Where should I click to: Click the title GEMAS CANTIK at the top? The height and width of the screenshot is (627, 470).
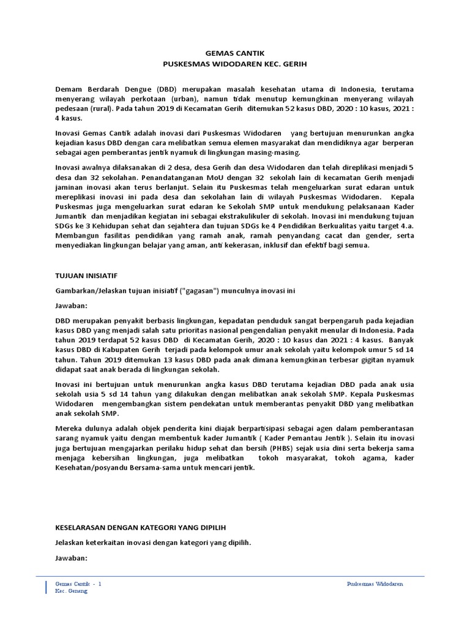tap(234, 54)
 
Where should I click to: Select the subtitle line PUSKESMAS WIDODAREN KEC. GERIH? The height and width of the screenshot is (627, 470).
tap(234, 64)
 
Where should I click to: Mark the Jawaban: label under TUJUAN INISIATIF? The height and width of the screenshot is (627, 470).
tap(72, 306)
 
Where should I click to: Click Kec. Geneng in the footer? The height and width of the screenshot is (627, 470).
tap(71, 591)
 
